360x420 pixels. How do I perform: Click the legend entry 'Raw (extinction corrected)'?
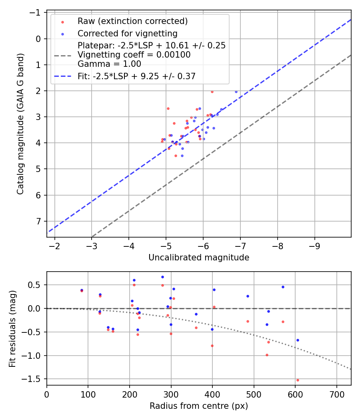tap(132, 21)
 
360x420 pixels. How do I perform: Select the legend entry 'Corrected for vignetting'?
tap(127, 33)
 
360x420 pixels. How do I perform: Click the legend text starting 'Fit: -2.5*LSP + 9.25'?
tap(136, 76)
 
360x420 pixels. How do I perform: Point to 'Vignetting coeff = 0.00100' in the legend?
tap(134, 55)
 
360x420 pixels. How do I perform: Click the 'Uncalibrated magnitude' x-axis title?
tap(199, 258)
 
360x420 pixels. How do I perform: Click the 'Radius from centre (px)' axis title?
tap(199, 406)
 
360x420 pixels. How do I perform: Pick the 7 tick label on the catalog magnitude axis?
tap(38, 221)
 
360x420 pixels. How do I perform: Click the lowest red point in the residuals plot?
tap(298, 380)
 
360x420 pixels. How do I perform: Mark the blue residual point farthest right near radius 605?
tap(298, 340)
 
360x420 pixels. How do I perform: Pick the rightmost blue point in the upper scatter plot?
tap(236, 92)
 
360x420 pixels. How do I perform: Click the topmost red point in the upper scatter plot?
tap(212, 92)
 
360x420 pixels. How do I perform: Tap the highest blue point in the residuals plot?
tap(162, 277)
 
